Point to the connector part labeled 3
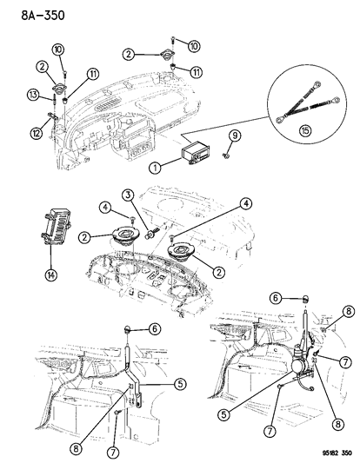click(x=150, y=233)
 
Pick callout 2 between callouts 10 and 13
click(x=41, y=66)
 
